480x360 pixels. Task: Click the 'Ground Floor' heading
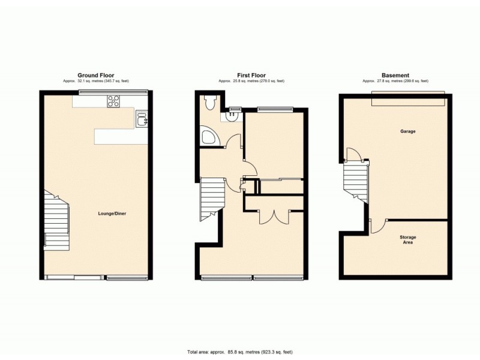[x=95, y=76]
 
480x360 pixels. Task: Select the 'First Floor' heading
[x=251, y=76]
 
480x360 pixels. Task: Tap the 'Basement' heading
[x=395, y=76]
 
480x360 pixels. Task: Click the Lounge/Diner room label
[x=112, y=213]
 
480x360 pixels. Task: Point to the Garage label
[x=409, y=131]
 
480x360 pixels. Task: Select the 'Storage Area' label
[x=408, y=240]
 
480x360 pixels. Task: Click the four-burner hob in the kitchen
[x=113, y=101]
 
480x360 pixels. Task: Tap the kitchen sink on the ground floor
[x=142, y=119]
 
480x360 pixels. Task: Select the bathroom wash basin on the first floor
[x=230, y=116]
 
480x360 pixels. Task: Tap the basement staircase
[x=355, y=182]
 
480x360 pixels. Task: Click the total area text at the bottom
[x=240, y=351]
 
